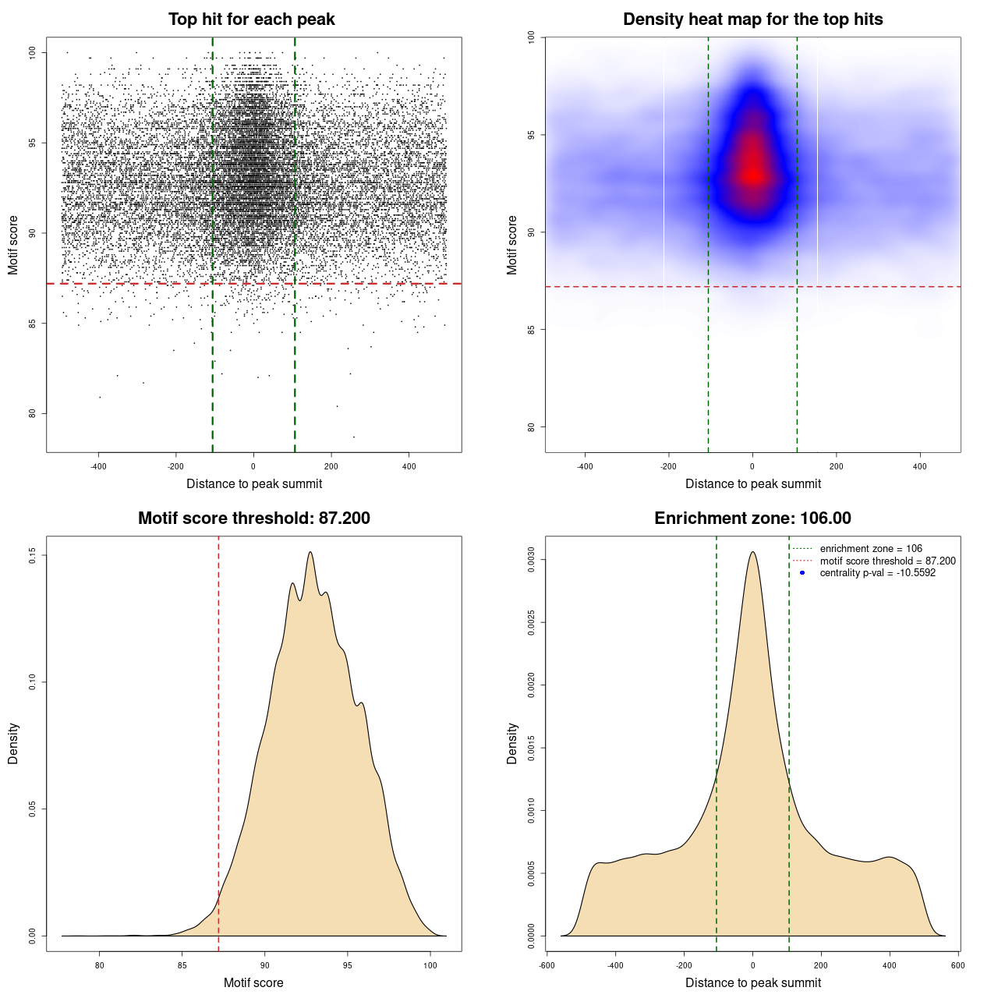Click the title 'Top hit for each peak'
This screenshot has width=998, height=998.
click(x=251, y=19)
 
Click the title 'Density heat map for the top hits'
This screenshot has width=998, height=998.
click(x=752, y=19)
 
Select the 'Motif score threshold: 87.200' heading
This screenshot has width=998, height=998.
click(x=253, y=518)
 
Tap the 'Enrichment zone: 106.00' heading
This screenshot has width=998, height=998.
click(x=752, y=518)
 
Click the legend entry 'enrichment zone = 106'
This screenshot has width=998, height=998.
click(x=870, y=549)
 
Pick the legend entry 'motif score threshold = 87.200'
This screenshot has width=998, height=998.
click(x=887, y=561)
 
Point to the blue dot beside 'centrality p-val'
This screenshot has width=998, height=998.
click(x=802, y=573)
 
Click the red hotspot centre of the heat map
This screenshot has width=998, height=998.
click(x=752, y=175)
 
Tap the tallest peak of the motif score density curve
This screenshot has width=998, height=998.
click(x=310, y=553)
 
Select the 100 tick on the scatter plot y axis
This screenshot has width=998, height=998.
click(x=33, y=52)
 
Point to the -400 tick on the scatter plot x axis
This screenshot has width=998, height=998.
click(x=98, y=466)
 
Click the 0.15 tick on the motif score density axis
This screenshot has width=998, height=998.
click(x=33, y=555)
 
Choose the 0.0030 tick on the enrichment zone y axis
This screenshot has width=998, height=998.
click(x=532, y=560)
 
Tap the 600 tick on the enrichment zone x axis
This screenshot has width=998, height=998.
click(x=958, y=965)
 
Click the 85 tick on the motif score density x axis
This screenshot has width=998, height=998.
click(x=182, y=965)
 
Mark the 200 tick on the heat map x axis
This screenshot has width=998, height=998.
click(x=836, y=466)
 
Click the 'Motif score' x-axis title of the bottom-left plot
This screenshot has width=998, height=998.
click(x=253, y=982)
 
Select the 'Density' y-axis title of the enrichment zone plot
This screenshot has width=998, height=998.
click(x=512, y=743)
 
